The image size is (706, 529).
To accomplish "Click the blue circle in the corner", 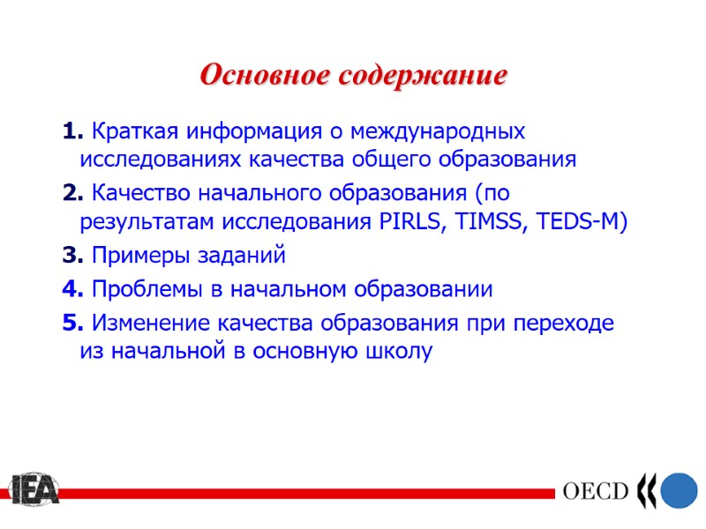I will pyautogui.click(x=679, y=489).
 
